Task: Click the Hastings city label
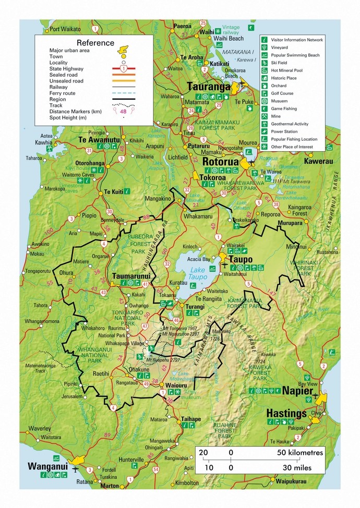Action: (286, 413)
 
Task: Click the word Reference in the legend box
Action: (95, 43)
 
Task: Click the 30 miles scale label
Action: (297, 468)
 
